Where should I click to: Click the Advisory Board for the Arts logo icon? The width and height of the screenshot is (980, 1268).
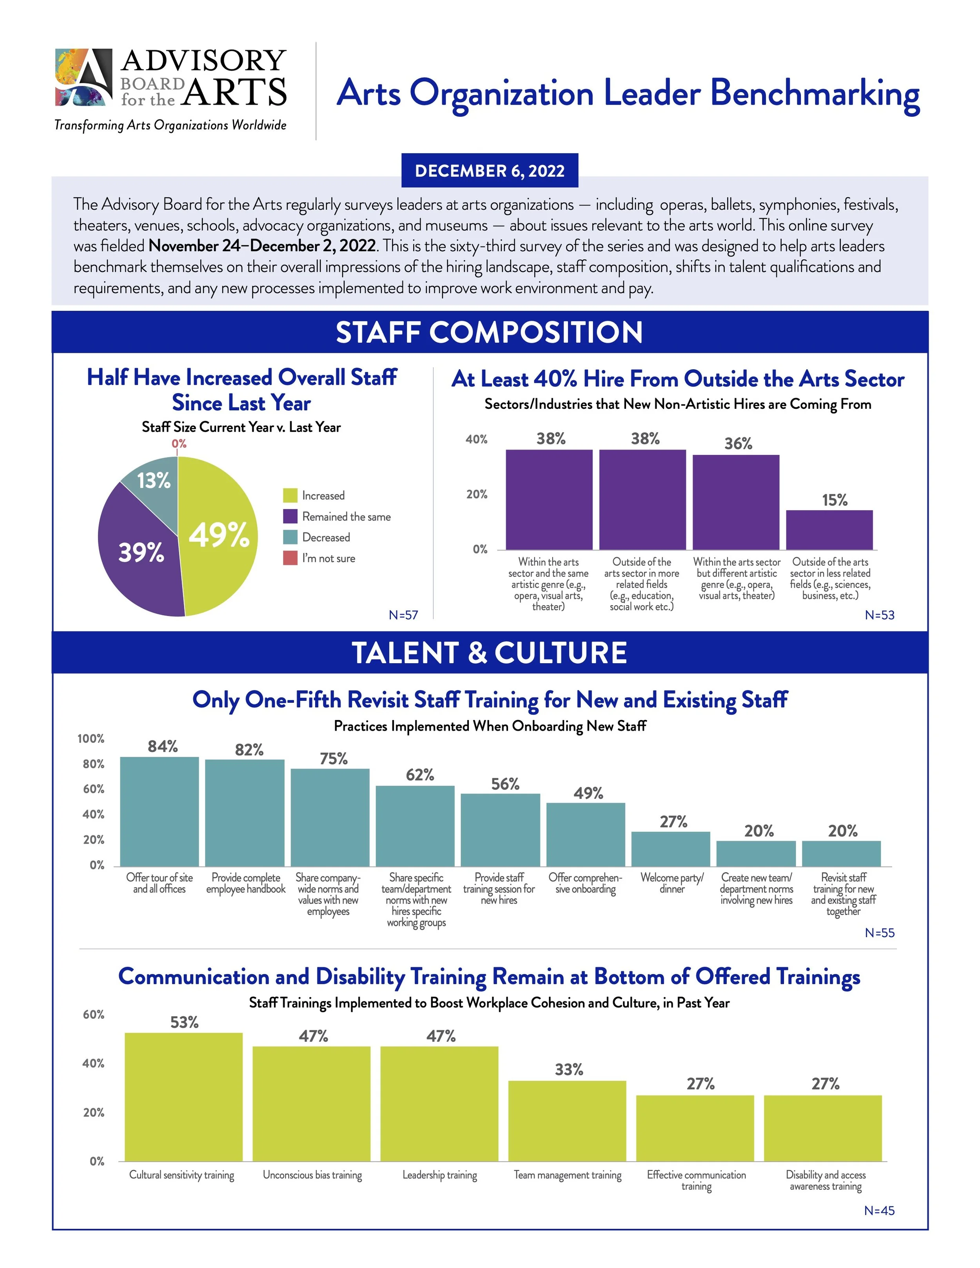click(83, 77)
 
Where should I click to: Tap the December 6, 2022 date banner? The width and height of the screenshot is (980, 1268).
click(490, 171)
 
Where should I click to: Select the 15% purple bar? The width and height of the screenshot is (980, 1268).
click(829, 530)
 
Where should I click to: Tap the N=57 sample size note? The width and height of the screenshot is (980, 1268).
click(403, 615)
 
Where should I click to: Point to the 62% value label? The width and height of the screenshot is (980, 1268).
click(420, 775)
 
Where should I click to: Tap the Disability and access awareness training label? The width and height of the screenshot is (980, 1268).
click(826, 1180)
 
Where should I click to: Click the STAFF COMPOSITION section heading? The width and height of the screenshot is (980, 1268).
click(490, 332)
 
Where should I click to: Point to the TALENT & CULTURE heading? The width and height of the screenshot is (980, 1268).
click(490, 653)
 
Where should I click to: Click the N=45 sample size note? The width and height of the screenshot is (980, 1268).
click(879, 1210)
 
